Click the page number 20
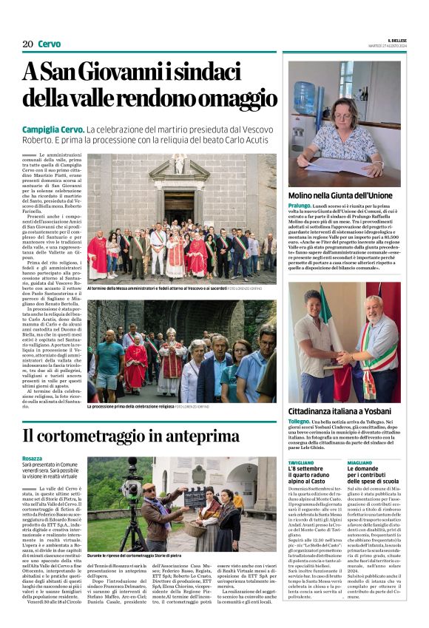(27, 44)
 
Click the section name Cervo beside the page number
(49, 44)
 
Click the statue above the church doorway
(178, 163)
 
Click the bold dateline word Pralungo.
(300, 206)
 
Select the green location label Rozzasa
(33, 459)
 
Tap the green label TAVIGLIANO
(301, 462)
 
